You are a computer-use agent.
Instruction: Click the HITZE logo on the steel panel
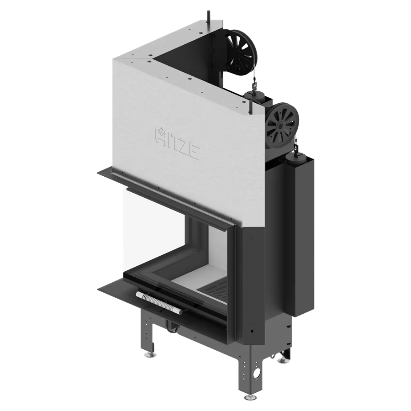click(178, 143)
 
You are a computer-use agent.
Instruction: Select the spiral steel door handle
click(159, 303)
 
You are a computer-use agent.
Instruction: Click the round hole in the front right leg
click(258, 372)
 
